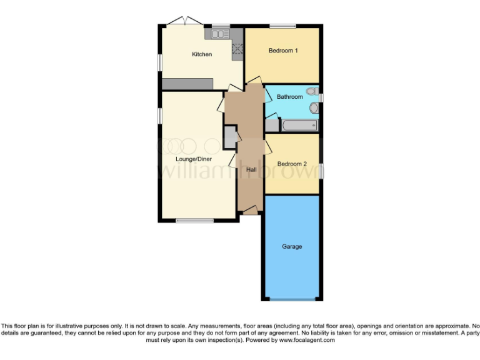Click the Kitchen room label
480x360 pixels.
[x=201, y=54]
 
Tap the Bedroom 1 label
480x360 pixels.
[x=282, y=51]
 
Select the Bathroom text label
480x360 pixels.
[x=289, y=97]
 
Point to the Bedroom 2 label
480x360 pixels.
[x=292, y=164]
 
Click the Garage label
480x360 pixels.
[x=292, y=246]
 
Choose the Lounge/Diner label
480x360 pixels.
[x=194, y=159]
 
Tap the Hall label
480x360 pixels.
[x=251, y=169]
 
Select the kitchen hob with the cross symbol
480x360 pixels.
[x=237, y=47]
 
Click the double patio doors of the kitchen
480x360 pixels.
[x=185, y=22]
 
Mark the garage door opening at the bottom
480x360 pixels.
[x=292, y=299]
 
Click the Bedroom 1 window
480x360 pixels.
[x=282, y=26]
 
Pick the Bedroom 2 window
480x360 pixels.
[x=322, y=170]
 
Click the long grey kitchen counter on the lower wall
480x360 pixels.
[x=187, y=84]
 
